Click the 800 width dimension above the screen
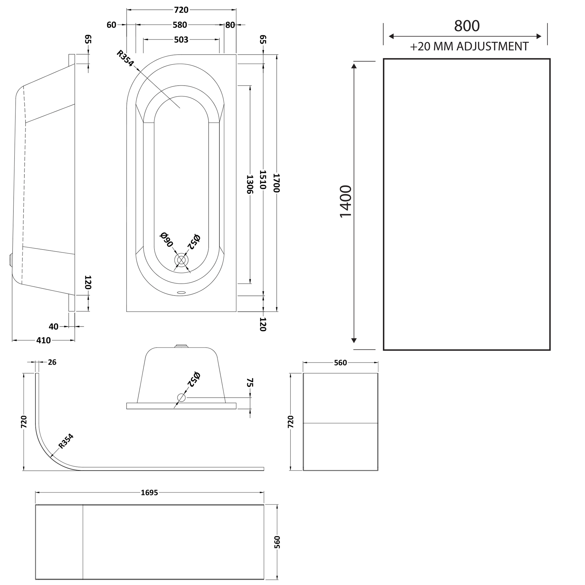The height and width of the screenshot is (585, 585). tap(467, 26)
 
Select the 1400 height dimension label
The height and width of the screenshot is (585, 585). tap(345, 201)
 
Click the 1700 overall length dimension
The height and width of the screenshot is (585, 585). tap(276, 183)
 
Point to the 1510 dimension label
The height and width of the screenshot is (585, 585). tap(263, 180)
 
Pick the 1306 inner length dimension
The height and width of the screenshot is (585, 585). tap(250, 184)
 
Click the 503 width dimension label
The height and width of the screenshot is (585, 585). tap(181, 40)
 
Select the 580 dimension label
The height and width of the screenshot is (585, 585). tap(180, 25)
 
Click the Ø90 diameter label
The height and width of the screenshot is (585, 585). tap(166, 240)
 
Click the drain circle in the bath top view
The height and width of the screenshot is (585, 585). tap(181, 260)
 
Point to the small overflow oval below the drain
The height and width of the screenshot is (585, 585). tap(181, 292)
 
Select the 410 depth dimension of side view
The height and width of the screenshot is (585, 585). tap(44, 340)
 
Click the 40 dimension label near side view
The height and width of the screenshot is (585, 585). tap(54, 326)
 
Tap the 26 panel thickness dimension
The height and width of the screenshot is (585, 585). tap(52, 362)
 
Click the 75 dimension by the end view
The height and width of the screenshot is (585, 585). tap(250, 382)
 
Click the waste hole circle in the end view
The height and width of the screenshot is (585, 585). tap(181, 397)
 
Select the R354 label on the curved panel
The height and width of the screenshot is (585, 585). tap(66, 441)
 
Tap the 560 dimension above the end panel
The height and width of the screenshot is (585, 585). tap(340, 363)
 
